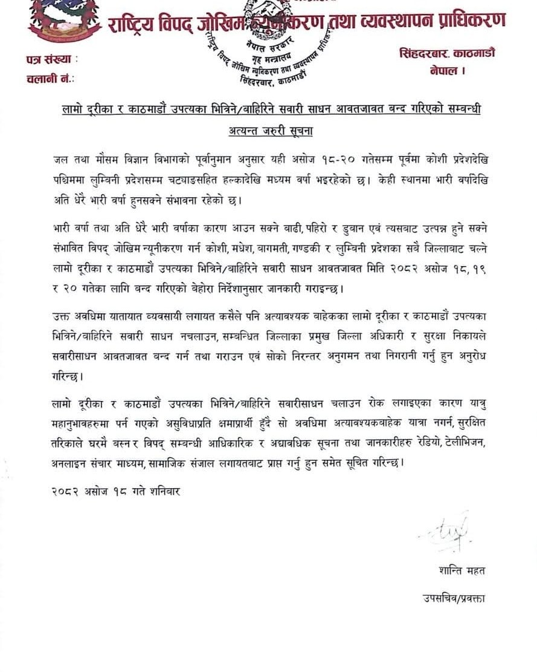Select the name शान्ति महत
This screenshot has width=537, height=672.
(x=462, y=570)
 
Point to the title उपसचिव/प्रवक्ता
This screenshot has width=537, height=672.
(x=454, y=599)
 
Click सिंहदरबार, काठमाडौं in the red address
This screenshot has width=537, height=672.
(x=447, y=53)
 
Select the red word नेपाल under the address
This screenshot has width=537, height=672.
(x=447, y=71)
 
